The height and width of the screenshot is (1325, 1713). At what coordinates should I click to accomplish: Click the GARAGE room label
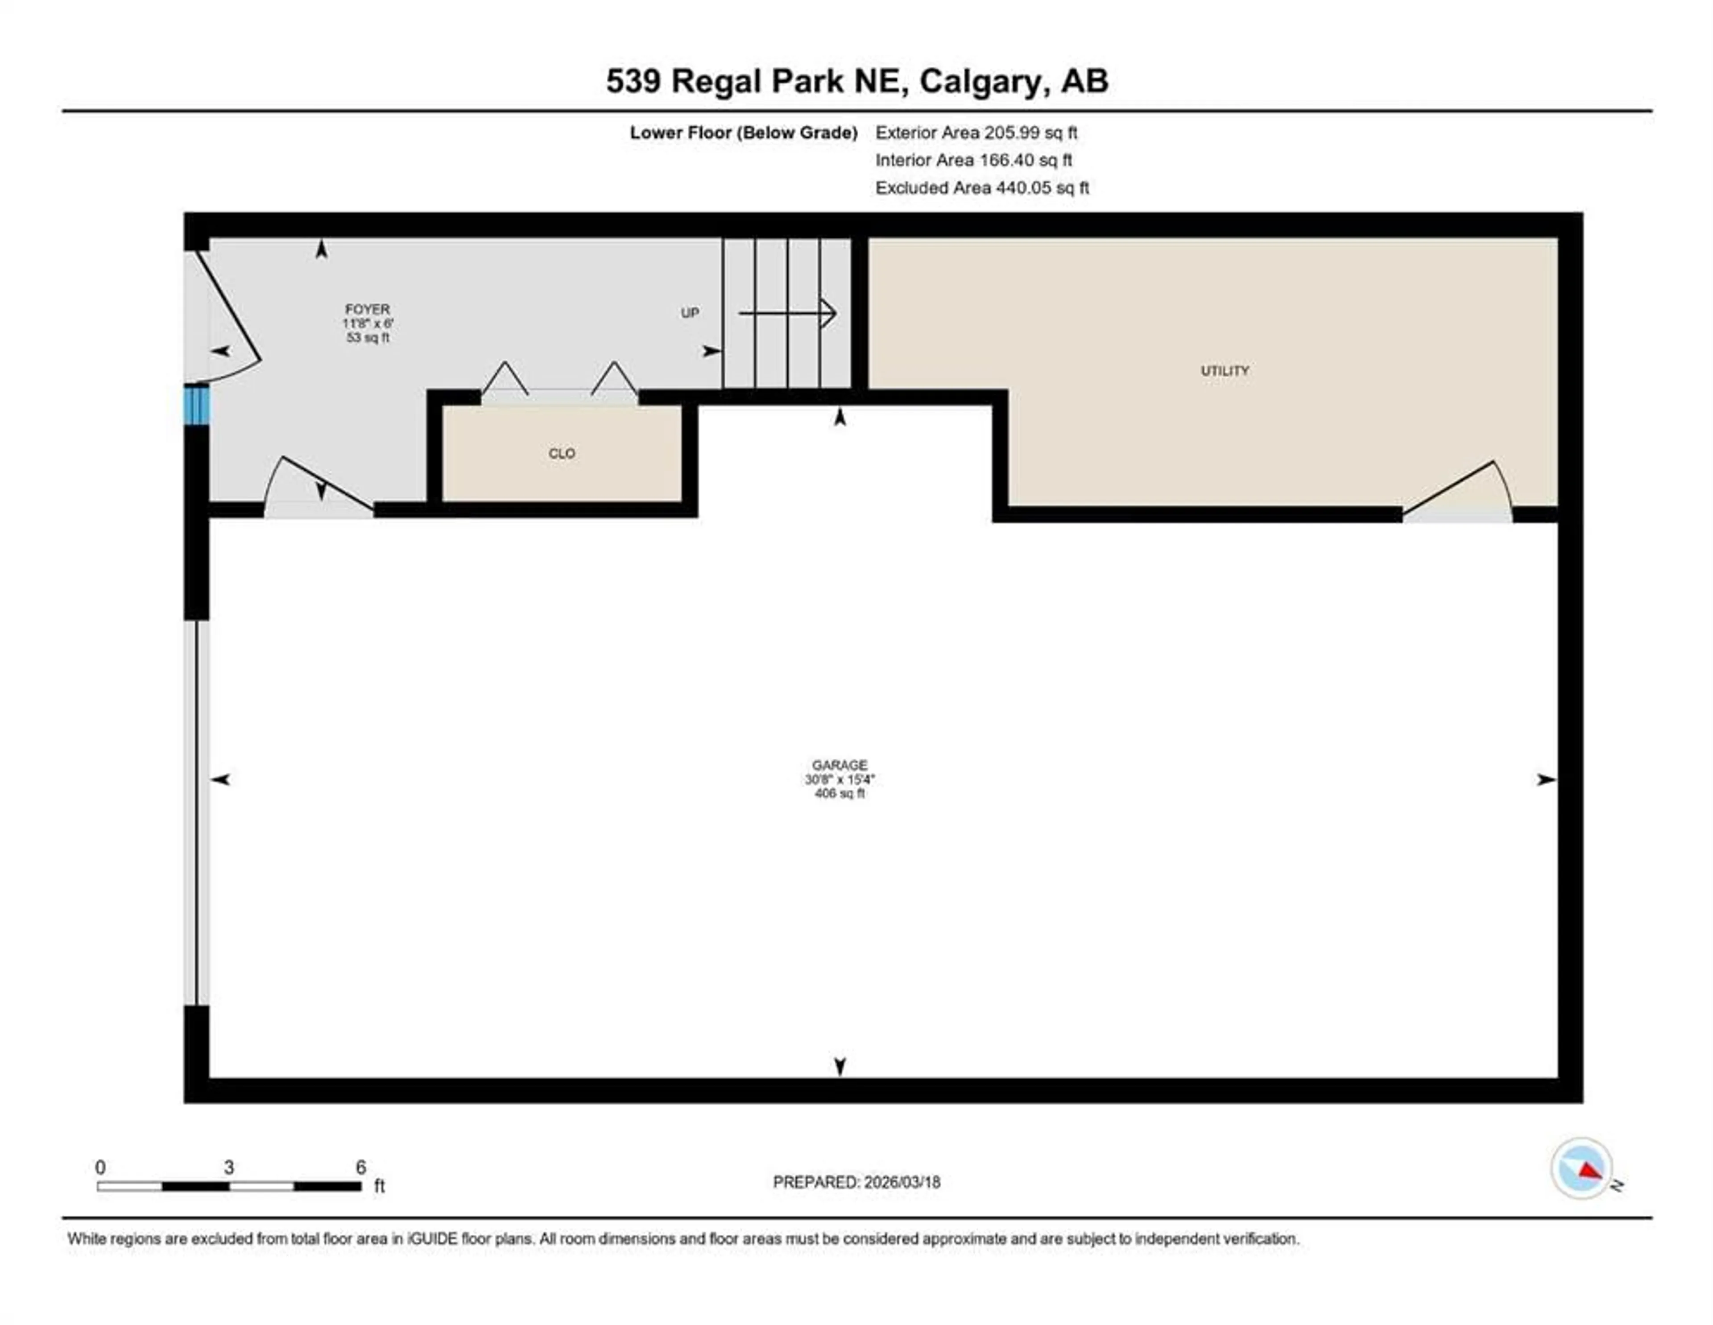pyautogui.click(x=839, y=765)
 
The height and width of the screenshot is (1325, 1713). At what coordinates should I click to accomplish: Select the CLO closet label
pyautogui.click(x=562, y=453)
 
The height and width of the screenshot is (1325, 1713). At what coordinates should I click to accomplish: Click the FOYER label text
pyautogui.click(x=367, y=309)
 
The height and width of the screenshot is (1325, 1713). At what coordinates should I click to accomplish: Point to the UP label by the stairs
pyautogui.click(x=689, y=313)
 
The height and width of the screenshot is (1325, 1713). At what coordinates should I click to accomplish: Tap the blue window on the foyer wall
pyautogui.click(x=196, y=405)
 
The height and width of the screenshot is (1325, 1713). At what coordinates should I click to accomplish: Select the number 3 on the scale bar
pyautogui.click(x=228, y=1168)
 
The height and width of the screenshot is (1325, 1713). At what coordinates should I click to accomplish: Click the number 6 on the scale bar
pyautogui.click(x=361, y=1168)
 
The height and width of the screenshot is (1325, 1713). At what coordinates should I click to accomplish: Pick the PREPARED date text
pyautogui.click(x=856, y=1182)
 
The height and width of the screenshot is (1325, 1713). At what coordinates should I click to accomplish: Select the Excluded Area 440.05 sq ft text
pyautogui.click(x=982, y=187)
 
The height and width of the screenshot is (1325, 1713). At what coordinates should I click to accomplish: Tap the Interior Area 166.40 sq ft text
pyautogui.click(x=973, y=160)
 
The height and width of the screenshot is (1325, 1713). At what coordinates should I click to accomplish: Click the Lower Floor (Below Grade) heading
pyautogui.click(x=743, y=132)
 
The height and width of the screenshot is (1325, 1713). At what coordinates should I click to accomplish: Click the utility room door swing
pyautogui.click(x=1459, y=493)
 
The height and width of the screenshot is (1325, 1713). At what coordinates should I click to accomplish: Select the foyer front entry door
pyautogui.click(x=228, y=314)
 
